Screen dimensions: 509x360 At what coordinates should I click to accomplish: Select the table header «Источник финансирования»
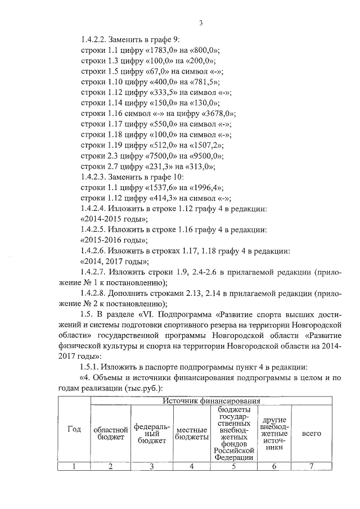pos(212,401)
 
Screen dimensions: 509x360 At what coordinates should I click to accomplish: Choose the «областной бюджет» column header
pos(111,433)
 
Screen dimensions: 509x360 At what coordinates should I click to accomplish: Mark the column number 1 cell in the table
pos(74,466)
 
